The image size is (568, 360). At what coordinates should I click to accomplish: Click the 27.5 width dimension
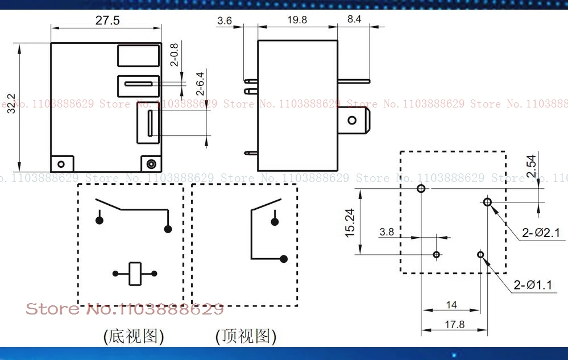[x=107, y=21]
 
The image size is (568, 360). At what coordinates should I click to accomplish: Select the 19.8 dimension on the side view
[x=297, y=20]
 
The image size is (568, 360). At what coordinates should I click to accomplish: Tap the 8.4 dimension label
[x=354, y=19]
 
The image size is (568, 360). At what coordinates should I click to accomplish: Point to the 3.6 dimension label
[x=225, y=21]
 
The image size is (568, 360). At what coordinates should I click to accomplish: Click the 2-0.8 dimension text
[x=174, y=55]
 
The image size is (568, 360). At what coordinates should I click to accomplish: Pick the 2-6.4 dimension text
[x=200, y=83]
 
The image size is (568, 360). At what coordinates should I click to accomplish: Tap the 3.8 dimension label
[x=387, y=231]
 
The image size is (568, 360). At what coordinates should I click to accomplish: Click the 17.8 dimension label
[x=454, y=325]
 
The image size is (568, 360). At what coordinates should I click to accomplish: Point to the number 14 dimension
[x=451, y=305]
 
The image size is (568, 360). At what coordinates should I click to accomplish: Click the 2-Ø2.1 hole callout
[x=541, y=232]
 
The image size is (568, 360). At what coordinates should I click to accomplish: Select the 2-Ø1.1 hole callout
[x=532, y=284]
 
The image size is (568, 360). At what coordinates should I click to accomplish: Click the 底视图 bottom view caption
[x=133, y=336]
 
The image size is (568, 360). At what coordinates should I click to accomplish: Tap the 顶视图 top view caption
[x=246, y=336]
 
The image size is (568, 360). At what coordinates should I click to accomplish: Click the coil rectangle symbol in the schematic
[x=135, y=274]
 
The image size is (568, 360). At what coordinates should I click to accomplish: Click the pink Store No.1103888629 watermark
[x=125, y=309]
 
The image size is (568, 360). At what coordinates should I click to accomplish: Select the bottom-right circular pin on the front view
[x=151, y=164]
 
